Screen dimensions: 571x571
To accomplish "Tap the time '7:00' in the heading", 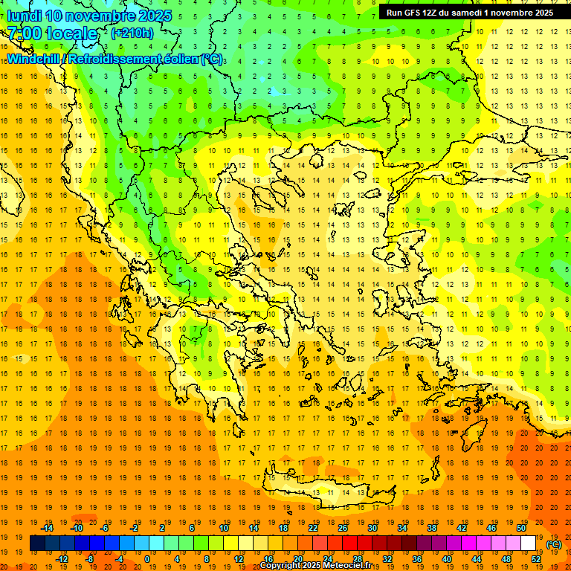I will pyautogui.click(x=24, y=33).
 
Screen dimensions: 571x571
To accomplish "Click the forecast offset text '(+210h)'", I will pyautogui.click(x=132, y=33).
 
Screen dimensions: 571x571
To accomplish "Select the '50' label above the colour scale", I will pyautogui.click(x=521, y=528).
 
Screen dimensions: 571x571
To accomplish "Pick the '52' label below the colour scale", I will pyautogui.click(x=536, y=559).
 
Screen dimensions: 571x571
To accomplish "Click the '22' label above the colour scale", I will pyautogui.click(x=313, y=528).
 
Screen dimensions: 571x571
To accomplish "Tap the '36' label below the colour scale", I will pyautogui.click(x=417, y=559).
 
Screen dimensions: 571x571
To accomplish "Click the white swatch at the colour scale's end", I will pyautogui.click(x=529, y=543).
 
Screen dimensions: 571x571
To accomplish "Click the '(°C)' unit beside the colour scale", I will pyautogui.click(x=554, y=544).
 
